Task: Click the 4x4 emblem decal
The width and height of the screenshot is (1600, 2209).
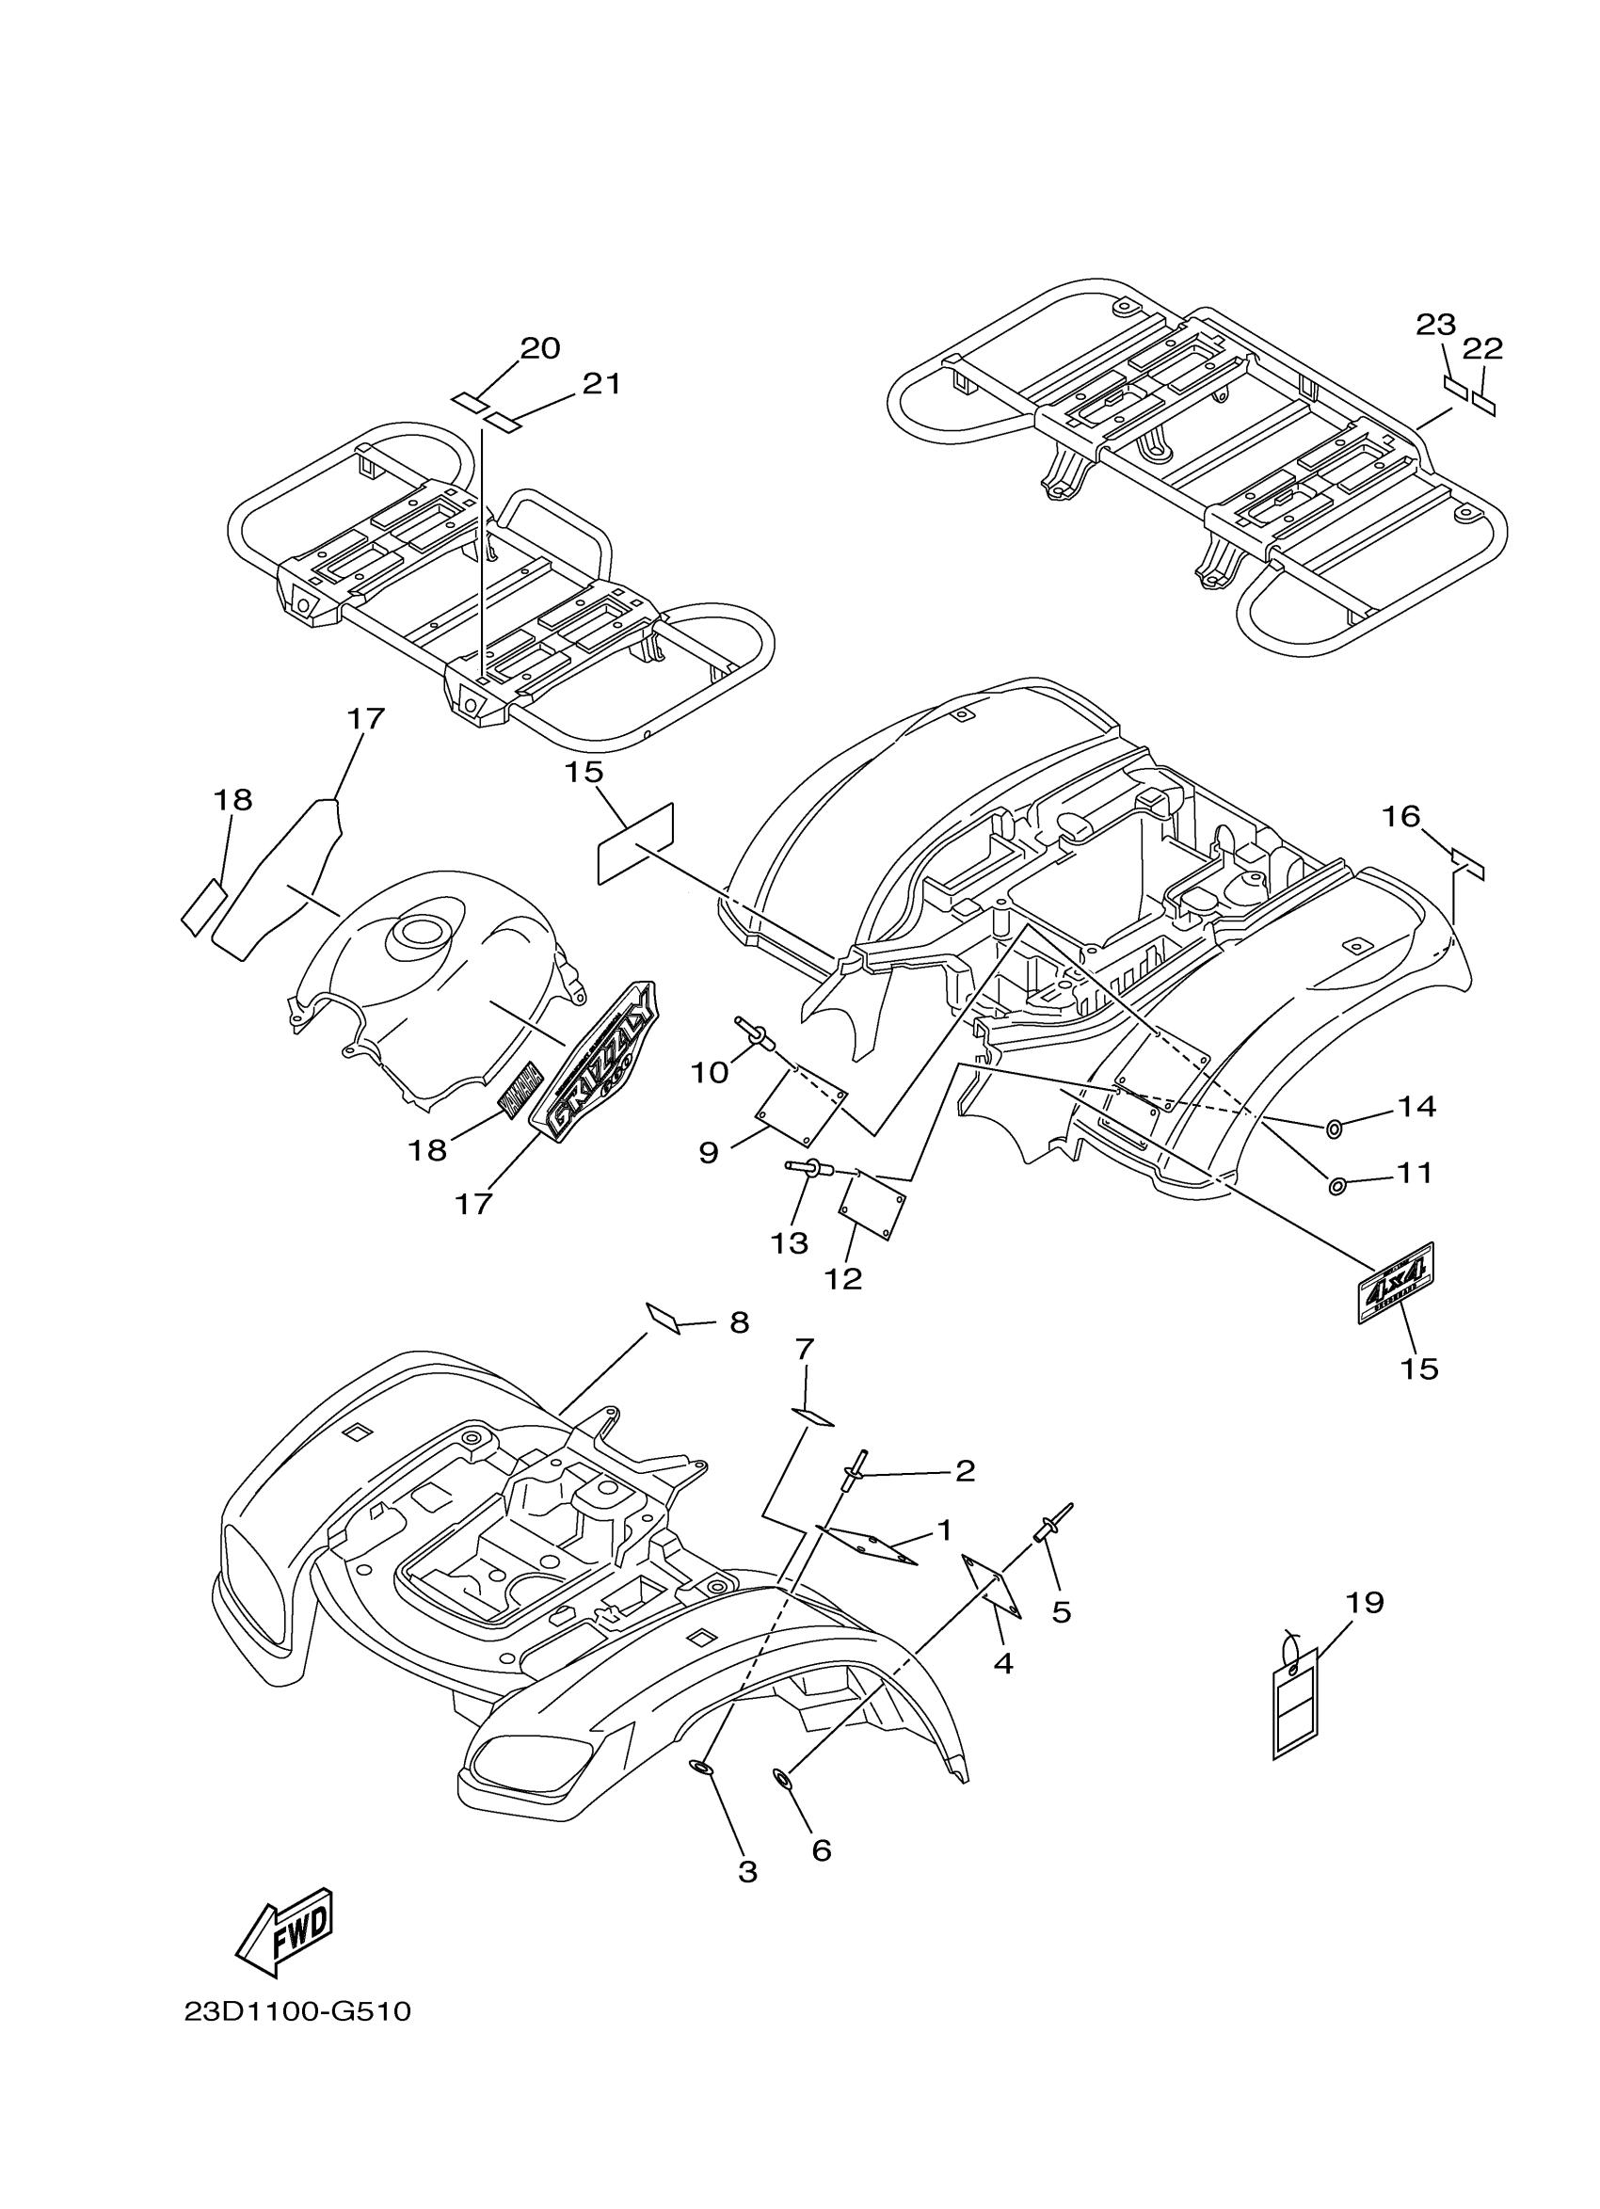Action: [x=1396, y=1284]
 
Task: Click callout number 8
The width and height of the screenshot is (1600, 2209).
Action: [x=739, y=1322]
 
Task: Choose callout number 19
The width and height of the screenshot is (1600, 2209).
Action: [x=1365, y=1602]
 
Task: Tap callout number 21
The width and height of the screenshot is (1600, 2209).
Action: [x=600, y=384]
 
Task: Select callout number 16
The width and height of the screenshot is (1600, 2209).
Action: [x=1401, y=816]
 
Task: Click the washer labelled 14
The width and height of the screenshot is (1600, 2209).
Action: [x=1333, y=1128]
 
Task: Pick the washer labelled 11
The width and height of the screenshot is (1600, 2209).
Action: [x=1336, y=1186]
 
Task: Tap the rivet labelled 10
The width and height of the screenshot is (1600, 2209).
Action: [x=756, y=1035]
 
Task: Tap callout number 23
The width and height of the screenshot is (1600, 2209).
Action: [x=1435, y=326]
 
